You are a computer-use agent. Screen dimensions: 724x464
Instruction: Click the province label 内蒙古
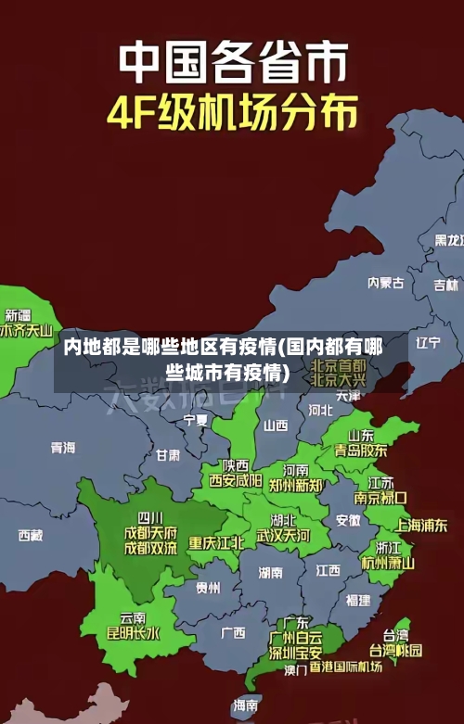(386, 257)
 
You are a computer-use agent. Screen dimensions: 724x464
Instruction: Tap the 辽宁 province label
(428, 342)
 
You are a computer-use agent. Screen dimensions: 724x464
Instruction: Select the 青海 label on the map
(63, 447)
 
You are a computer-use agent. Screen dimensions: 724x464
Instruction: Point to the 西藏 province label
(31, 535)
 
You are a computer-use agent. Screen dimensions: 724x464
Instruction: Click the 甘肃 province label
(168, 455)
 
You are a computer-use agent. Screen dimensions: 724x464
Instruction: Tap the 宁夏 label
(196, 420)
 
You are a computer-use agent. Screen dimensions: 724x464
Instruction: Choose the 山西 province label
(276, 426)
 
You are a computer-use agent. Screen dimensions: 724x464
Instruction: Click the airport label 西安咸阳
(236, 481)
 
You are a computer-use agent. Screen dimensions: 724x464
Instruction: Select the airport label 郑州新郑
(296, 485)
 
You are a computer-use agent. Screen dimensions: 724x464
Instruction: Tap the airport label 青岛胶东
(361, 451)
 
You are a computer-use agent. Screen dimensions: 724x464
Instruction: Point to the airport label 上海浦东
(421, 525)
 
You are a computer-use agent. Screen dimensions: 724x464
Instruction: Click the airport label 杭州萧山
(388, 563)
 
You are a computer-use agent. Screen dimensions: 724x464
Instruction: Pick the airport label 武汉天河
(284, 536)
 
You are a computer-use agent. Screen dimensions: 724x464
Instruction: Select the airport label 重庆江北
(216, 542)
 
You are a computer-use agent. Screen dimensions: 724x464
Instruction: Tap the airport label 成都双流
(150, 548)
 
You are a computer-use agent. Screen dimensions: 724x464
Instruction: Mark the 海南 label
(246, 705)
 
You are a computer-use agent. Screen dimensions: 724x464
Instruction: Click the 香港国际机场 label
(345, 667)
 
